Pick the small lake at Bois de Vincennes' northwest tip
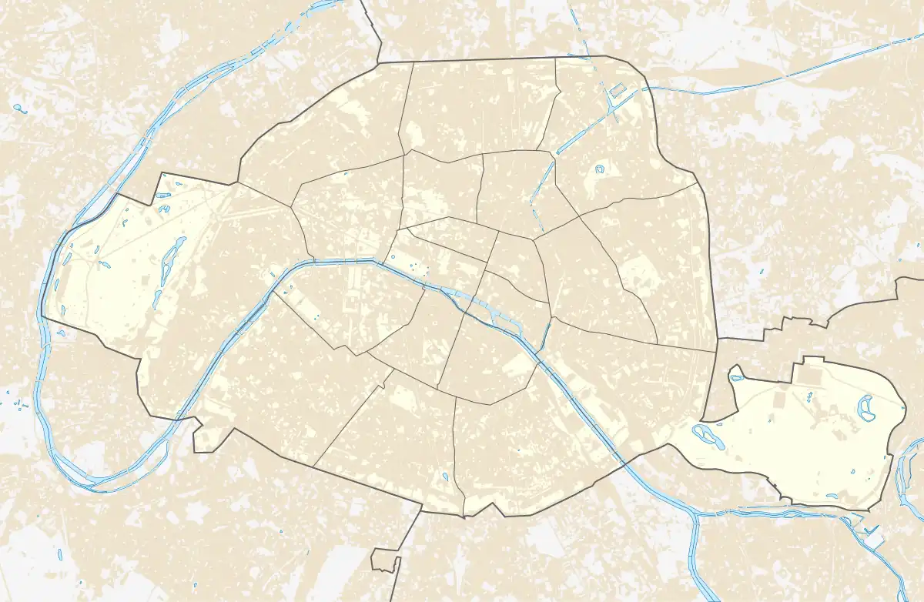click(x=736, y=378)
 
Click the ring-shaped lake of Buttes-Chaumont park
click(x=599, y=169)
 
